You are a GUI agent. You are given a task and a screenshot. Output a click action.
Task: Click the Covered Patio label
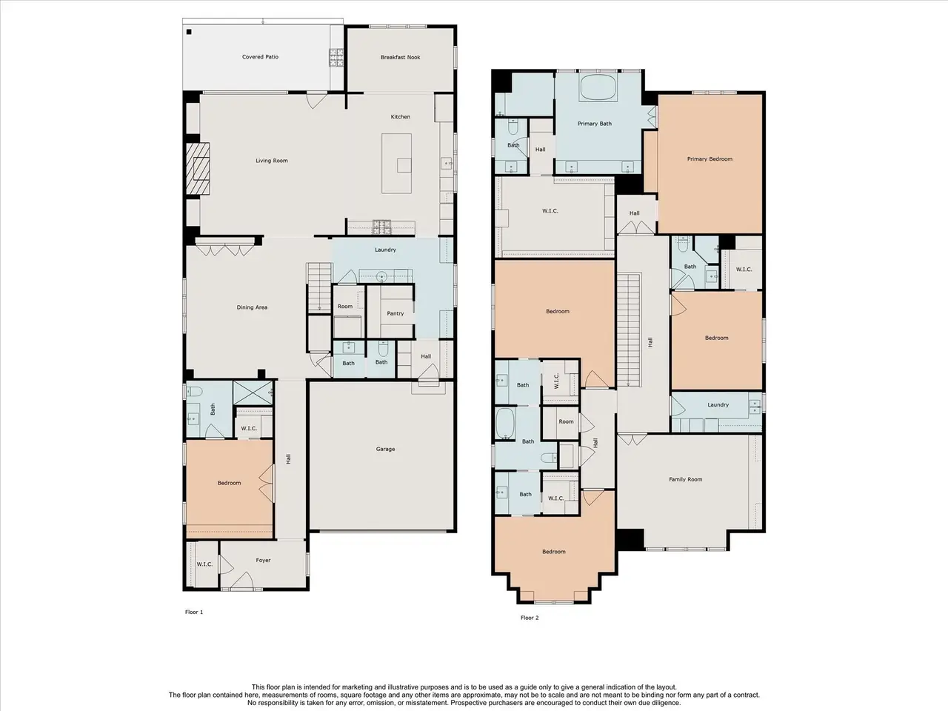coord(260,56)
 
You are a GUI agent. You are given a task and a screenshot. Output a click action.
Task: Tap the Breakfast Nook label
coord(401,57)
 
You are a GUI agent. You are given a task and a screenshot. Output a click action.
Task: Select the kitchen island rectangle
coord(396,163)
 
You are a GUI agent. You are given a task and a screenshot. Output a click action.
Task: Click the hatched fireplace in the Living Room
coord(198,168)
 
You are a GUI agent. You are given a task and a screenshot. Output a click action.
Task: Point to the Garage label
coord(385,449)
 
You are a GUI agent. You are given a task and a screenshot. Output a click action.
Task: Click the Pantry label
coord(395,313)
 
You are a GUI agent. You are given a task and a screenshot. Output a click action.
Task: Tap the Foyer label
coord(263,561)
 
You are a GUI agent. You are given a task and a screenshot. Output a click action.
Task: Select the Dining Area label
coord(252,307)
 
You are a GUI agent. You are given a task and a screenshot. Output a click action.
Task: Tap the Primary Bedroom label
coord(710,158)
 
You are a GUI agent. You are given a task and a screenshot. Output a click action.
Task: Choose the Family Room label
coord(685,479)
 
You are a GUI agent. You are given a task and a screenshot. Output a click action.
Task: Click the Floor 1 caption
coord(194,612)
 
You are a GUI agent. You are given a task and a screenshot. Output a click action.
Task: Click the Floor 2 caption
coord(530,618)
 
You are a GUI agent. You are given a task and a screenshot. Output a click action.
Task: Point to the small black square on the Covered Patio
coord(189,32)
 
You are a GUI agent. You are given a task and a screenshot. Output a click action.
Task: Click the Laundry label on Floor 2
coord(718,404)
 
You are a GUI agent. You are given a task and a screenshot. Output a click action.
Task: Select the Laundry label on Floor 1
coord(385,250)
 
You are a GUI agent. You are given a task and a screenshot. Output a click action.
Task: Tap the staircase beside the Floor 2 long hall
coord(628,330)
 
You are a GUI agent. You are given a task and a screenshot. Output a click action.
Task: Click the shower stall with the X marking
coord(253,393)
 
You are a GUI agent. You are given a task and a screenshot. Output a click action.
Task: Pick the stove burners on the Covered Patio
coord(336,58)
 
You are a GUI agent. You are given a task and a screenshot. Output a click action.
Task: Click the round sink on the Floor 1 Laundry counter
coord(381,276)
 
